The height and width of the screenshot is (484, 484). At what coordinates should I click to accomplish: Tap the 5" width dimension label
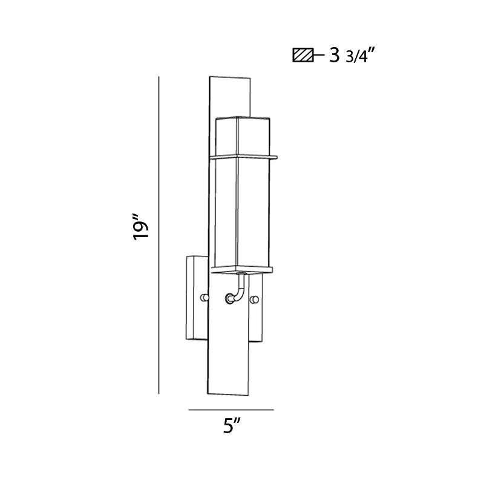coord(229,427)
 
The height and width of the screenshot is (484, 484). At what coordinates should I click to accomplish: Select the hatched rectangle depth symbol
coord(302,56)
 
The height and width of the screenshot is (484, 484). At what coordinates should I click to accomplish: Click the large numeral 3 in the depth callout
coord(335,56)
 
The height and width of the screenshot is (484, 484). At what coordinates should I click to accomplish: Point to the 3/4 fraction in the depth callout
coord(355,57)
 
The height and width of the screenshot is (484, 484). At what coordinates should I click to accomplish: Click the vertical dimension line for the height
coord(159,236)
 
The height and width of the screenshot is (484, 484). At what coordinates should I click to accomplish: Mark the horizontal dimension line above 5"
coord(231,410)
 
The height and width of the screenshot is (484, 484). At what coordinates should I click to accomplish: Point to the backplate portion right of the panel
coord(258,321)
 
